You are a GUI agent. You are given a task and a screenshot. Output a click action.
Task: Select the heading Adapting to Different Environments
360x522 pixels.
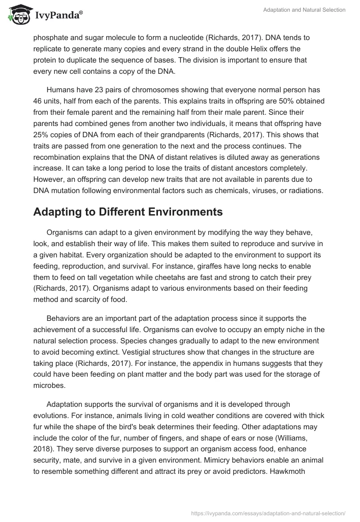click(128, 212)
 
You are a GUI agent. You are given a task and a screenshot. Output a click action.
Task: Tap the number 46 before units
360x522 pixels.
click(39, 101)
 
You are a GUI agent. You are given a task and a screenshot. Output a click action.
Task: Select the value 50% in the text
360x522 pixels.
click(287, 101)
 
